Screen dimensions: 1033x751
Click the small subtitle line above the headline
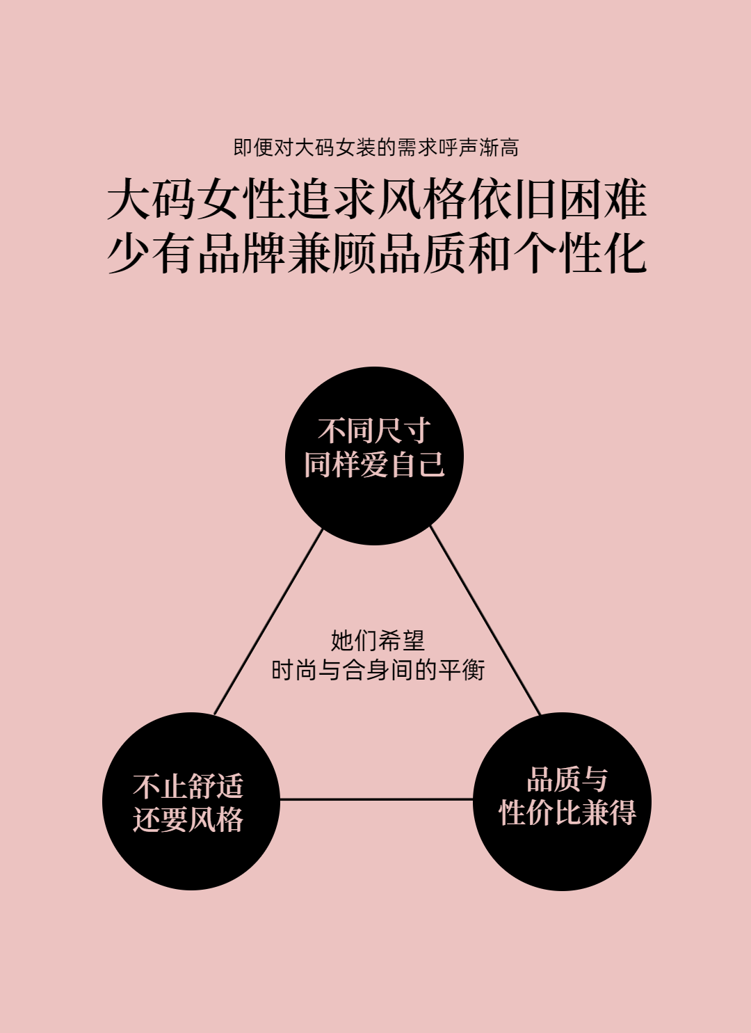375,147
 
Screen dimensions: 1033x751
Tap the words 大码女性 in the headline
196,200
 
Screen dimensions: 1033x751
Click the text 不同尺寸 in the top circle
374,431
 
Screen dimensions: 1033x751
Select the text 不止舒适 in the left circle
188,786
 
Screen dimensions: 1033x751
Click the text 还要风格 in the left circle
188,819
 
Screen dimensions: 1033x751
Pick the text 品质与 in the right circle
567,780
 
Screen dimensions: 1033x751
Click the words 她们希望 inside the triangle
378,640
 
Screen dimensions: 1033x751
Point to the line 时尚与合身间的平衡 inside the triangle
378,671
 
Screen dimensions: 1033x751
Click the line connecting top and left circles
268,621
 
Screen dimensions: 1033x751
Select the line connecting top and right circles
485,621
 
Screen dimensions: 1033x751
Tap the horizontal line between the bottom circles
376,799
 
